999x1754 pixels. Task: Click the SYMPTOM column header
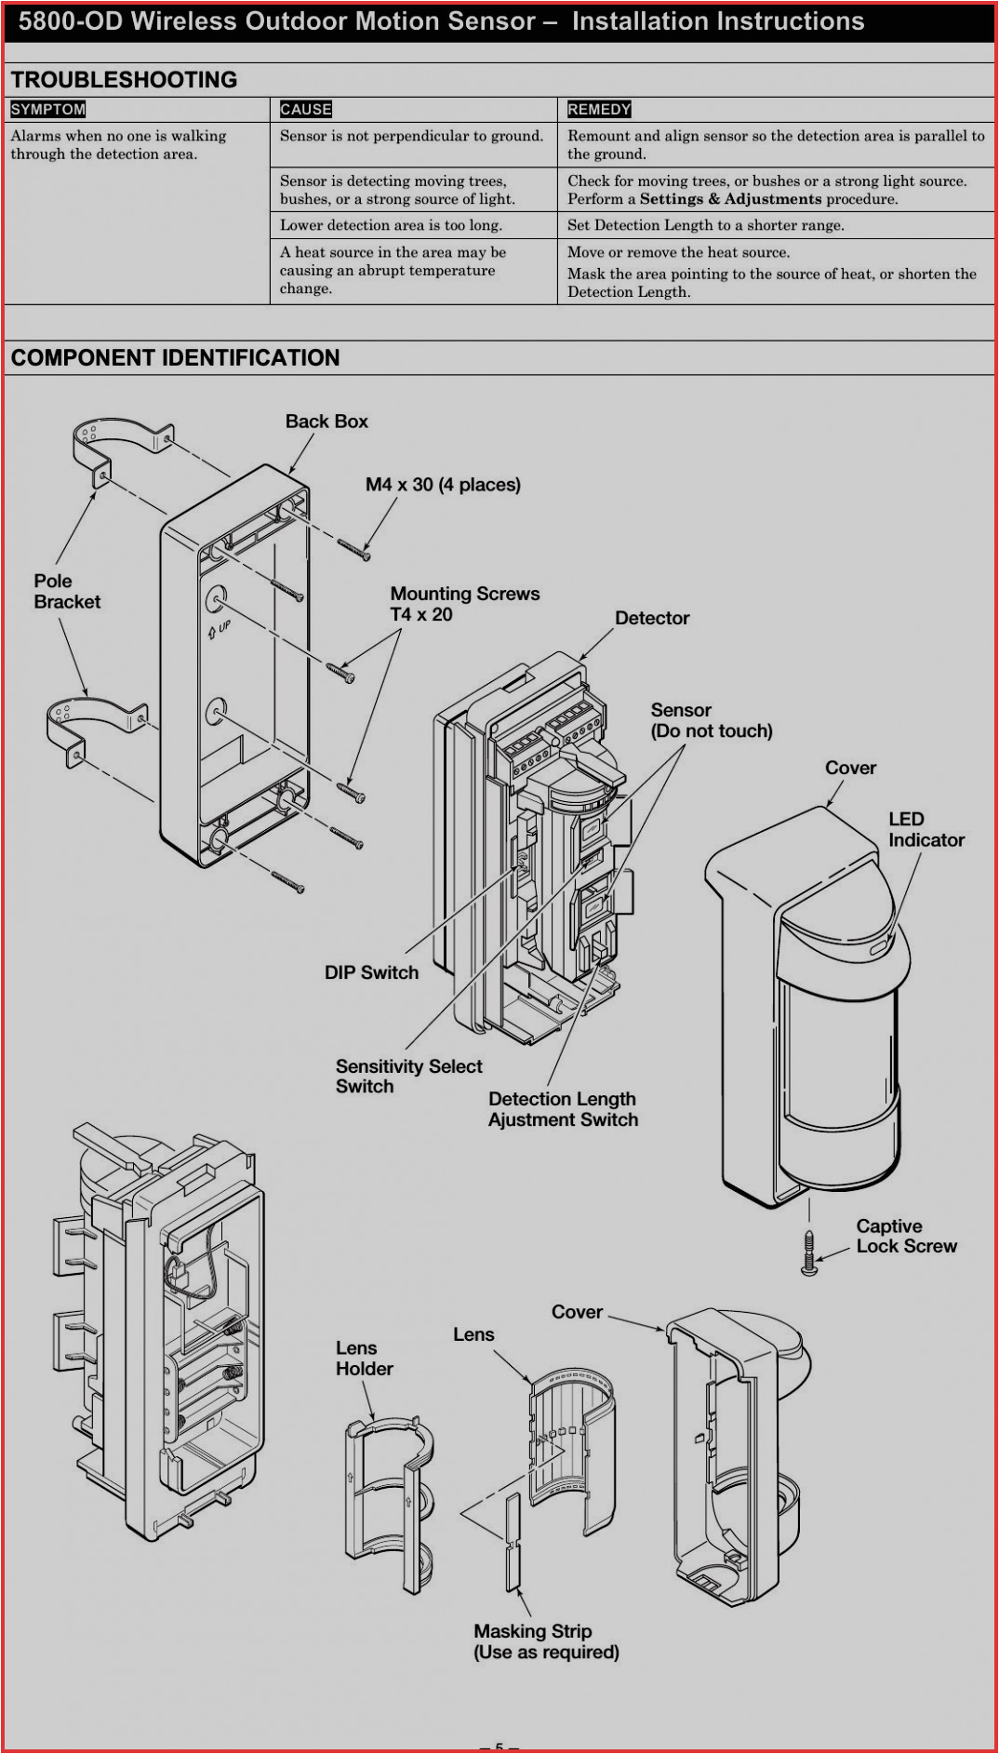point(48,109)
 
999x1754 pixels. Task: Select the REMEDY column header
point(599,109)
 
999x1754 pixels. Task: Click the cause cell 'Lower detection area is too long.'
point(391,225)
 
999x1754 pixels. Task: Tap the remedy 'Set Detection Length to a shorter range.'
point(705,225)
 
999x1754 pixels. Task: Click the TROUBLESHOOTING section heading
point(124,80)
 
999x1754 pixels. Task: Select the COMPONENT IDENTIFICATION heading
point(175,358)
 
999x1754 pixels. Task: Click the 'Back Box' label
point(326,422)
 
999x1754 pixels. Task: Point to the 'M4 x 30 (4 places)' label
point(443,485)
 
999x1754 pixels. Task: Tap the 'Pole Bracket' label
point(66,592)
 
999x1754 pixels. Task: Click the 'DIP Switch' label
point(371,972)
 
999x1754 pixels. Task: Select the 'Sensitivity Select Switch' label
point(408,1077)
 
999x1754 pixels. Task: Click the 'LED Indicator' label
point(926,829)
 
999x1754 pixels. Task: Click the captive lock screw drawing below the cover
point(809,1253)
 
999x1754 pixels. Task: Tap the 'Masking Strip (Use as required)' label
point(546,1641)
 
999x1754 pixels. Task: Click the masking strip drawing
point(513,1545)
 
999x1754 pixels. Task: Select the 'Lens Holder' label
point(364,1359)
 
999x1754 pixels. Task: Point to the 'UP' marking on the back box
point(220,629)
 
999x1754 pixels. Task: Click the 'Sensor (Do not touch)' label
point(711,720)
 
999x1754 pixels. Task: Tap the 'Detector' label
point(652,618)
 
